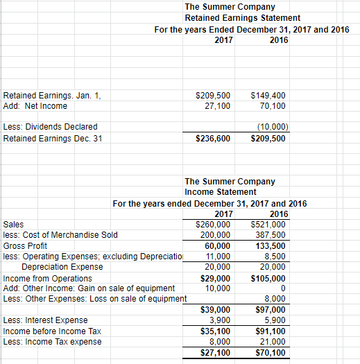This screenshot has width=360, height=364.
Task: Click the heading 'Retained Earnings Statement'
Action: point(243,17)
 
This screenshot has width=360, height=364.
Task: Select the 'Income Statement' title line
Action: point(221,191)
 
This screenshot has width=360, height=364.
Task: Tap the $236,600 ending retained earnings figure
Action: point(213,139)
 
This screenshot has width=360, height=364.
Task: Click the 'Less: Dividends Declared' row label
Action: point(50,127)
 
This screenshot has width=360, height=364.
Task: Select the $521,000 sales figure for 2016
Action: point(270,225)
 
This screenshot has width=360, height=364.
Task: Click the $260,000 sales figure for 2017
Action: point(214,225)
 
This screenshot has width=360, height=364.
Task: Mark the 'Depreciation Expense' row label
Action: point(62,266)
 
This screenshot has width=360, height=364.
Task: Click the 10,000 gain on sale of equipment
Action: point(218,288)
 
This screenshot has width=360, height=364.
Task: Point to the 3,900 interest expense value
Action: point(221,320)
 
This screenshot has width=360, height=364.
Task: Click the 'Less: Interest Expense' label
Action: point(46,320)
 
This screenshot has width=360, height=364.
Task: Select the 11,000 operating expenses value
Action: point(218,256)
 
